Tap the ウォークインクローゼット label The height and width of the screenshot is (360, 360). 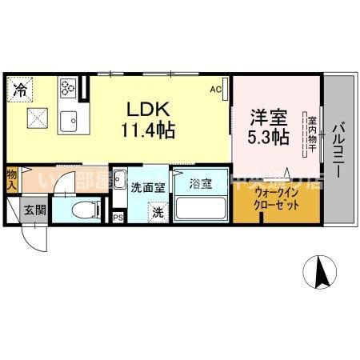278,198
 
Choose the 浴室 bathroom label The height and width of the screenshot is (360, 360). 201,184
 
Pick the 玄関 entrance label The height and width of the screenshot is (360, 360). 34,210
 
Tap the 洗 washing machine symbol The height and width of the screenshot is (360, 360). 158,213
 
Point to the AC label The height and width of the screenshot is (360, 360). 215,90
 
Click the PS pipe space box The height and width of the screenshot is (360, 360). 118,217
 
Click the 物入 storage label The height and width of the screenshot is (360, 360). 12,178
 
